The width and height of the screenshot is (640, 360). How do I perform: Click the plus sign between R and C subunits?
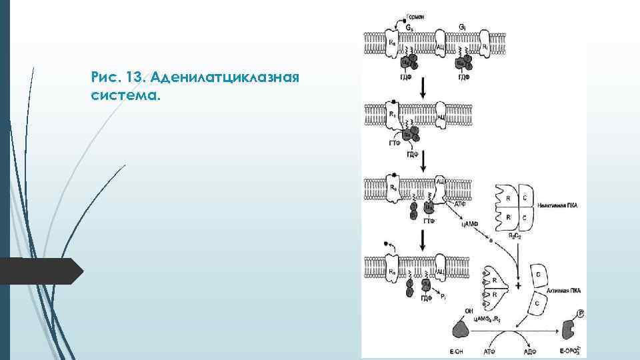click(x=518, y=285)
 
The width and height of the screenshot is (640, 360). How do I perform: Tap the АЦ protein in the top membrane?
click(x=441, y=48)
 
